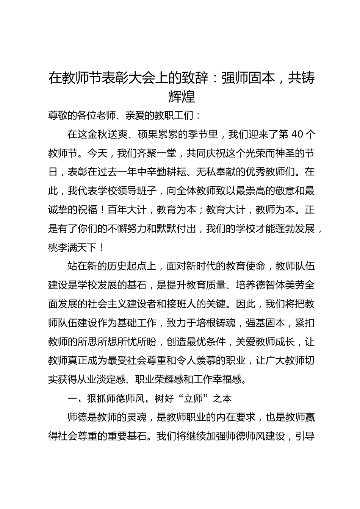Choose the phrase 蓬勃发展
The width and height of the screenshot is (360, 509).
coord(294,229)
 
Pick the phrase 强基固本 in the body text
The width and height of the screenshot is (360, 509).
coord(265,323)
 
